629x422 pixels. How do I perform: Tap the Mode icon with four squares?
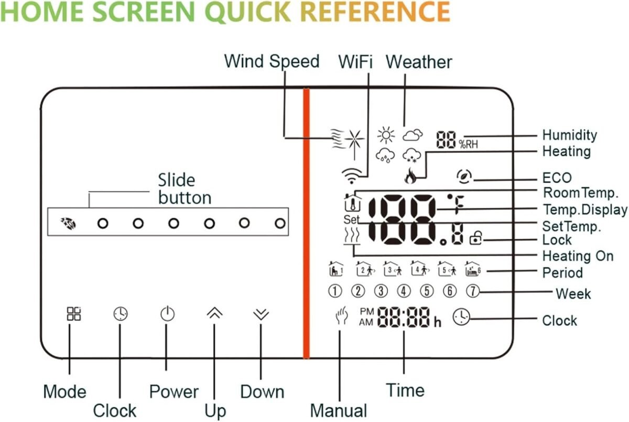[x=73, y=314]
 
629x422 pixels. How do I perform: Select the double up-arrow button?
[x=214, y=313]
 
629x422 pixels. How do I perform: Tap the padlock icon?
[x=476, y=239]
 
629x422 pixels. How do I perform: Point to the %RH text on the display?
[x=469, y=144]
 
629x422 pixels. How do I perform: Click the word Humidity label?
[x=569, y=135]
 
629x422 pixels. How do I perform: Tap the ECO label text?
[x=557, y=178]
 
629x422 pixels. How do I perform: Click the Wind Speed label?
[x=272, y=61]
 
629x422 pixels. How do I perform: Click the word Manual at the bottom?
[x=339, y=410]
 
